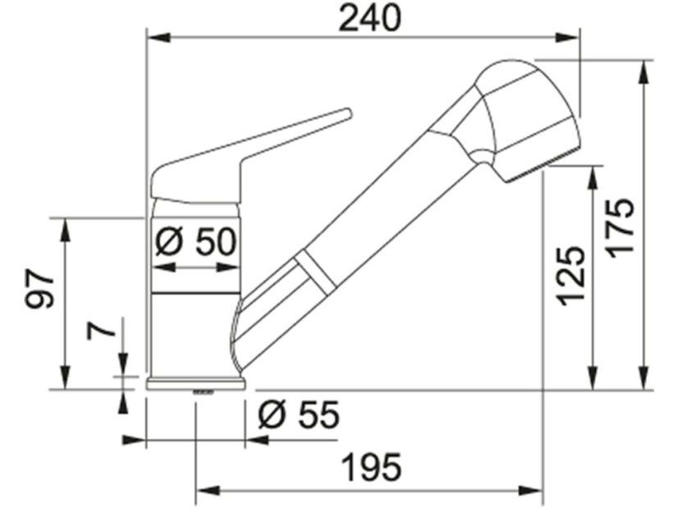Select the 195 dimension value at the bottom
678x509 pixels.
click(370, 468)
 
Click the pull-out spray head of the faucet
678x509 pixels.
click(517, 115)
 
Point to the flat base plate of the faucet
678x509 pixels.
click(196, 383)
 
